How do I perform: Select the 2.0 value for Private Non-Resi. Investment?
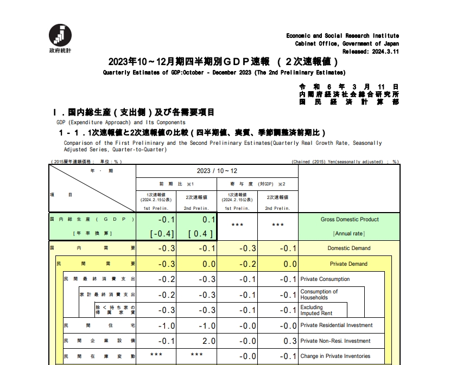coord(208,341)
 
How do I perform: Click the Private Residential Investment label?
coord(337,325)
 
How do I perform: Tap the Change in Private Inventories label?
coord(335,356)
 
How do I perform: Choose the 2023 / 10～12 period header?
coord(217,171)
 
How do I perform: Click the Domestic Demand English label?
coord(349,248)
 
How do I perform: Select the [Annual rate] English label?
coord(349,234)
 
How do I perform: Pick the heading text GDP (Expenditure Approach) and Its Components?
coord(118,123)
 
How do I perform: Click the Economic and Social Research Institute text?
coord(343,36)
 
